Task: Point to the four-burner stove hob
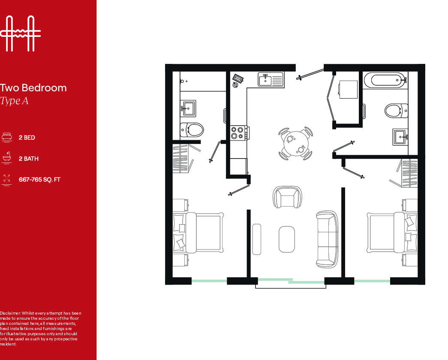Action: [239, 132]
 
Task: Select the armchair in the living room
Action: [287, 197]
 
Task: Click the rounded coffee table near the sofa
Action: [287, 239]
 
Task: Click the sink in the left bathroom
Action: [188, 108]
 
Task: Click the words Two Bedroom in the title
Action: [33, 88]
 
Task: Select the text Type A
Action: [14, 102]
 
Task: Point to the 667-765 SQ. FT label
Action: [39, 180]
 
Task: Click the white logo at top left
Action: [20, 33]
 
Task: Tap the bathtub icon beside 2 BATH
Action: [6, 158]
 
